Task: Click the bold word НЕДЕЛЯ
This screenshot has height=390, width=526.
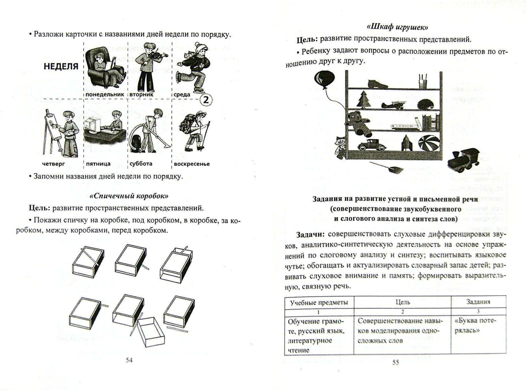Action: pyautogui.click(x=61, y=66)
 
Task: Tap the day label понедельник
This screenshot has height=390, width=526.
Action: pyautogui.click(x=105, y=95)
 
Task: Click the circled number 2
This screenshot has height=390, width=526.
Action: pyautogui.click(x=206, y=100)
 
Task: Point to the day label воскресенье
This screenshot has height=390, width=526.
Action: pyautogui.click(x=192, y=164)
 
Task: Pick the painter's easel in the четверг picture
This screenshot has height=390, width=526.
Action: pyautogui.click(x=50, y=131)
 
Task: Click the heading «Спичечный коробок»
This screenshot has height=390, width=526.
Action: pyautogui.click(x=129, y=196)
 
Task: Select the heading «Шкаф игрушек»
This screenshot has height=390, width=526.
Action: pyautogui.click(x=397, y=27)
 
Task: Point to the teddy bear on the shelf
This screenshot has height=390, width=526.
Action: pyautogui.click(x=358, y=124)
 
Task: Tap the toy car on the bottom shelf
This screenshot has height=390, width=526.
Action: pyautogui.click(x=370, y=144)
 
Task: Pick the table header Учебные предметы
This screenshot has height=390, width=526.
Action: pyautogui.click(x=319, y=302)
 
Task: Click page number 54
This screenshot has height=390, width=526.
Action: pyautogui.click(x=129, y=360)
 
